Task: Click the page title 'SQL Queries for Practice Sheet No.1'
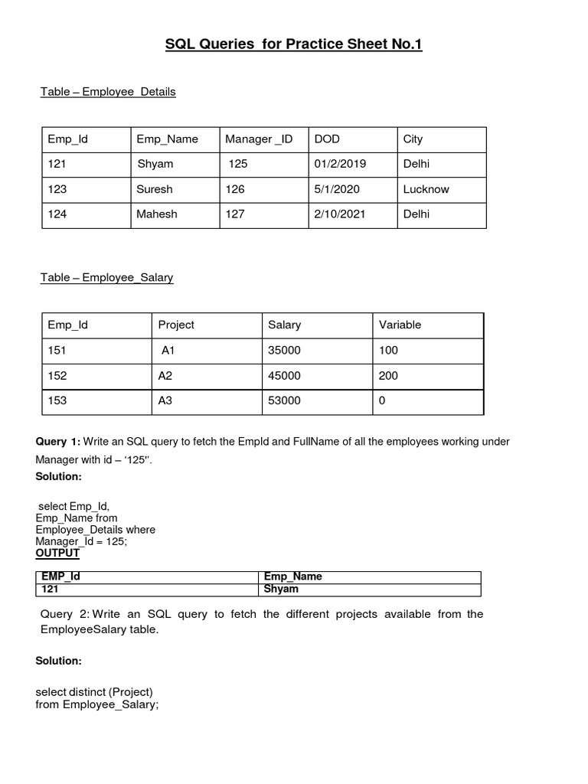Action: click(x=294, y=44)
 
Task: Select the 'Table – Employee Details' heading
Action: click(x=108, y=92)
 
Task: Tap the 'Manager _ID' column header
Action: click(x=259, y=139)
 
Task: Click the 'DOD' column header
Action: click(x=327, y=139)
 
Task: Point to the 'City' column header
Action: click(x=413, y=139)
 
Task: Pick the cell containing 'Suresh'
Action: click(x=155, y=189)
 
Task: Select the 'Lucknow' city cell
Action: click(x=426, y=189)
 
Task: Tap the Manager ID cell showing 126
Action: click(x=235, y=189)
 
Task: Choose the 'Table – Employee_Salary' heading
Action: click(x=107, y=278)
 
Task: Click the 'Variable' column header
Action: click(x=400, y=325)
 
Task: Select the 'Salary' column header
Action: click(x=284, y=325)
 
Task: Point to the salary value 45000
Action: click(x=285, y=376)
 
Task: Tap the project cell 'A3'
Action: click(x=166, y=400)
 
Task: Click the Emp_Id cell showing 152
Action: click(x=57, y=376)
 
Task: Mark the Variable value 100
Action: click(x=388, y=351)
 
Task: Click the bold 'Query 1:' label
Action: click(x=57, y=442)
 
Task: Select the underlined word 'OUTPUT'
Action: click(x=57, y=553)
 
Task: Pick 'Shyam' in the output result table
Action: click(x=281, y=590)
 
